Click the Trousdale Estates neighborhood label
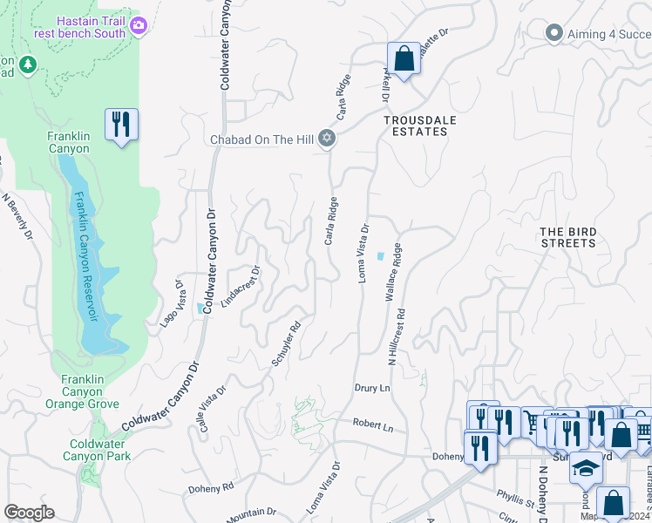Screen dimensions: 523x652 415,126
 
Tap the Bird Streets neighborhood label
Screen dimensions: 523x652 568,237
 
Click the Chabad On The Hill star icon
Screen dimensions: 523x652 327,139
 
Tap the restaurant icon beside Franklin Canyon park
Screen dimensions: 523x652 121,124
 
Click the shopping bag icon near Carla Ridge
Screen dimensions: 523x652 403,59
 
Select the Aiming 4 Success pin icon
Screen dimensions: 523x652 553,33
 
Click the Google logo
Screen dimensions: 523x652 28,513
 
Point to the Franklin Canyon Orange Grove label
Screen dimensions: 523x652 83,391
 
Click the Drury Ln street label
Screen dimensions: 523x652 371,387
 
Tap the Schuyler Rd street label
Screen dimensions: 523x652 287,343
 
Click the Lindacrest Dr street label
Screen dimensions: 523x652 241,289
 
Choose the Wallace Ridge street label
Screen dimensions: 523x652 394,272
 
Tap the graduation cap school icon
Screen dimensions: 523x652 586,468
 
